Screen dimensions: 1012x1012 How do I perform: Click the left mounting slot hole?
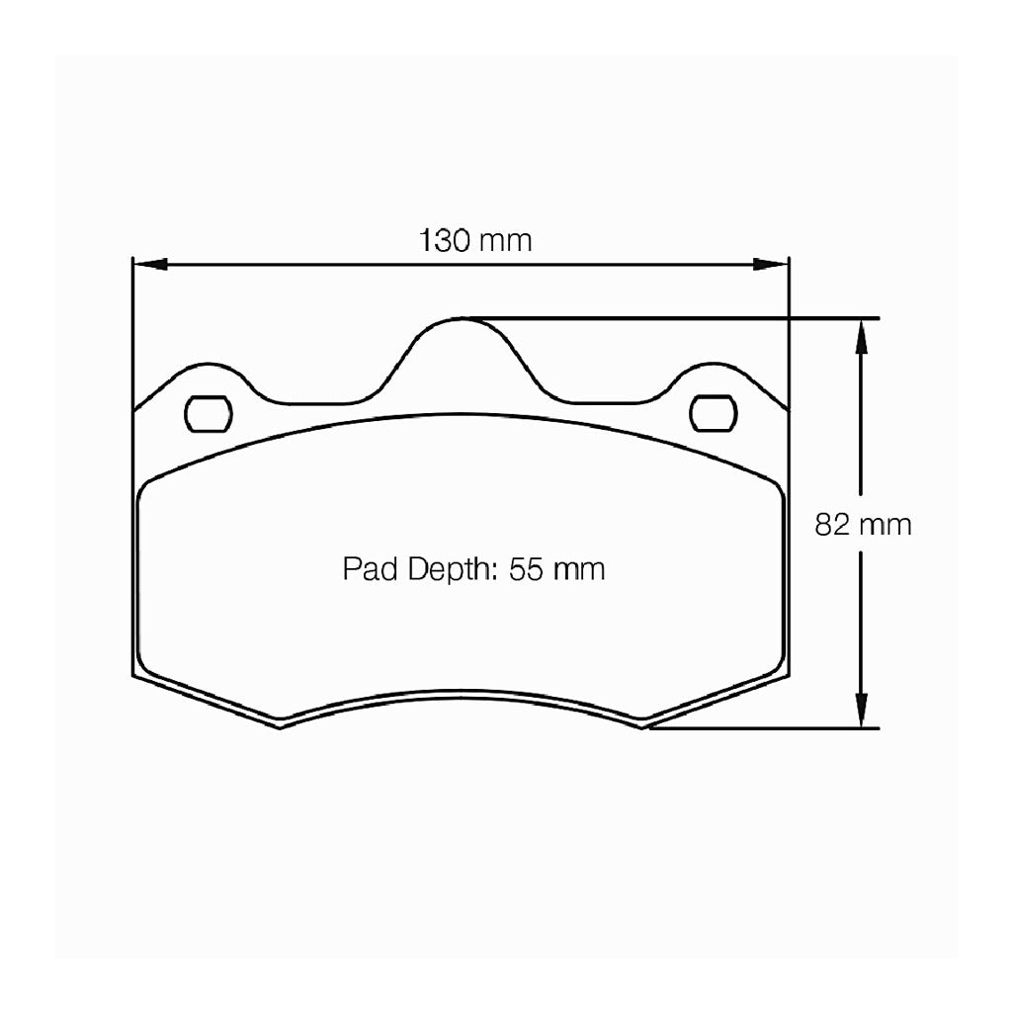[209, 413]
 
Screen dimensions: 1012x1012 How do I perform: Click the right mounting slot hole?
[713, 412]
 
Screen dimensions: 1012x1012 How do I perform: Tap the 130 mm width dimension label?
[475, 240]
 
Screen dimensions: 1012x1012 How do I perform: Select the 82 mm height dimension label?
[863, 524]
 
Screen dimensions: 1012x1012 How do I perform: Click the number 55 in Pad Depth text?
[527, 569]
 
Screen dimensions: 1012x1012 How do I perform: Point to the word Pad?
[367, 569]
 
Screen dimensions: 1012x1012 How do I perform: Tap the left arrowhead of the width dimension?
[148, 265]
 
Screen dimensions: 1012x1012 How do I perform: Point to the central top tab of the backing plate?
[462, 341]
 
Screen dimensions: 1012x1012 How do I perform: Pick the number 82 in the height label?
[831, 524]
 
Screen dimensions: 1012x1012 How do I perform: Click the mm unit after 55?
[579, 569]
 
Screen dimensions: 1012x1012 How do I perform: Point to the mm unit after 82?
[885, 524]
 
